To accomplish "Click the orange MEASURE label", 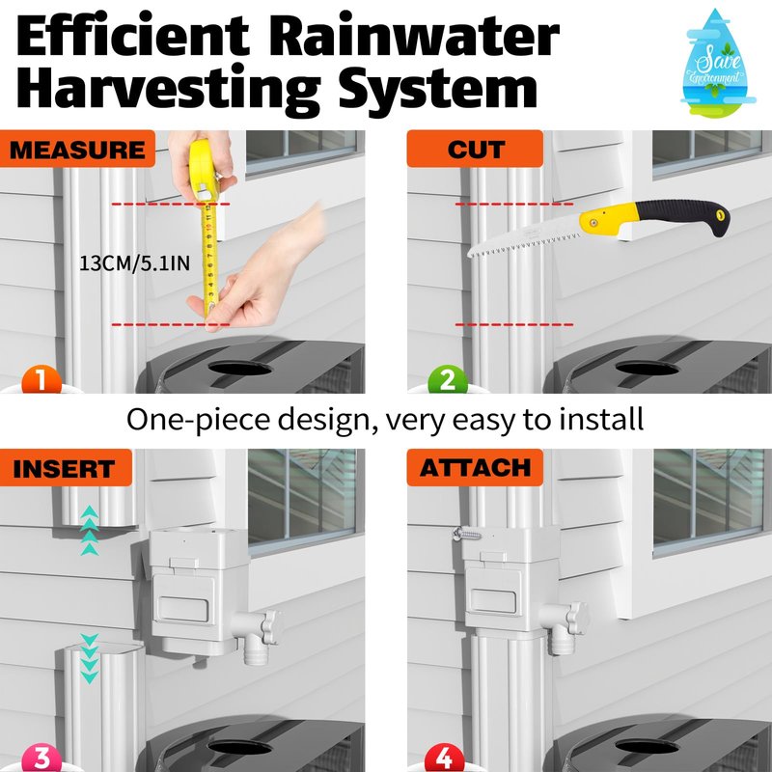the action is click(x=77, y=149).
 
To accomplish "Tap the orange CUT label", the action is click(x=475, y=149).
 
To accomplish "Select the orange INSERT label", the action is click(x=66, y=467).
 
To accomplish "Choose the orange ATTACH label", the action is click(x=475, y=467).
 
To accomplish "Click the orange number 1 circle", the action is click(x=41, y=379).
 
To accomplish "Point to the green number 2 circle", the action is click(x=448, y=379).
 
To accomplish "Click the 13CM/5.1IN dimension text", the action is click(x=134, y=263).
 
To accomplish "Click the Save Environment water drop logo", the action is click(x=717, y=63).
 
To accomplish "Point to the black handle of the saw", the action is click(x=681, y=215).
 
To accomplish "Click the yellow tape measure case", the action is click(x=205, y=170).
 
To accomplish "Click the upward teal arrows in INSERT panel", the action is click(x=89, y=530).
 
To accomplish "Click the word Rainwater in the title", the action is click(x=414, y=36).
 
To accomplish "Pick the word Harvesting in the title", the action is click(x=169, y=89).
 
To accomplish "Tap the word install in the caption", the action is click(x=601, y=420).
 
